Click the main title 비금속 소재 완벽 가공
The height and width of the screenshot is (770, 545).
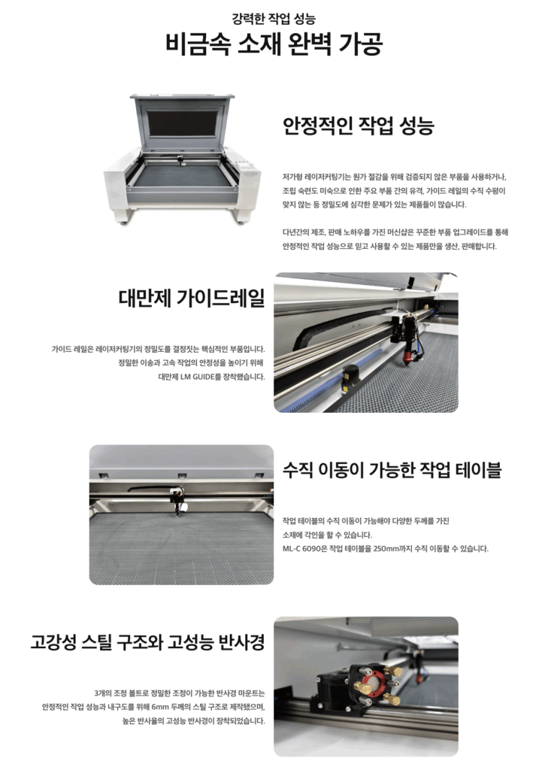point(273,44)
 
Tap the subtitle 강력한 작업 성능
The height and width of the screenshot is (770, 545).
point(274,19)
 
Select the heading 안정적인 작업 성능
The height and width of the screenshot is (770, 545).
point(358,126)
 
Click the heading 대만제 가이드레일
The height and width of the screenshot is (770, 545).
point(192,298)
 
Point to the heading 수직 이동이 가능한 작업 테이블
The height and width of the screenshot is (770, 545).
point(392,470)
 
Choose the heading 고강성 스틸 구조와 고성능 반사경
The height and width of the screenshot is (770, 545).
point(148,642)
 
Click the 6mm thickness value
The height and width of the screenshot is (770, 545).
point(161,707)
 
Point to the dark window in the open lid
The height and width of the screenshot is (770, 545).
point(182,123)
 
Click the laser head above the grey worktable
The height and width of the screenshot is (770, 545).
point(177,500)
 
